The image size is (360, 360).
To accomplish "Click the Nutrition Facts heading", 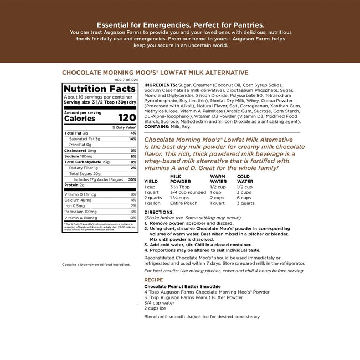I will (100, 89).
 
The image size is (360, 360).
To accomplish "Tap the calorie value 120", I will (127, 118).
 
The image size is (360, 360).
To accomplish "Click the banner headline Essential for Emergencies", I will (180, 25).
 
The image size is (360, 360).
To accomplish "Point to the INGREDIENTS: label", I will (161, 85).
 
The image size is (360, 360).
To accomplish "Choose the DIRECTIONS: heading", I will (158, 212).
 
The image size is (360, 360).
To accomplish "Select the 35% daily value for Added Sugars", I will (132, 179).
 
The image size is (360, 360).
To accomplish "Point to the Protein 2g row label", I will (74, 185).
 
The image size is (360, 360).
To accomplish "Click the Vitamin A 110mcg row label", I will (81, 218).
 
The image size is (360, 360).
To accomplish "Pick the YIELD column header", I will (151, 181).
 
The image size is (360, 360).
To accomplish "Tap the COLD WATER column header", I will (245, 178).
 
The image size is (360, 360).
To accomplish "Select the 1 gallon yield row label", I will (152, 203).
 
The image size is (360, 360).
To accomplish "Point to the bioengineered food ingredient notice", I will (96, 264).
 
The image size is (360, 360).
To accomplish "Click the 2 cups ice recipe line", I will (157, 307).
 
